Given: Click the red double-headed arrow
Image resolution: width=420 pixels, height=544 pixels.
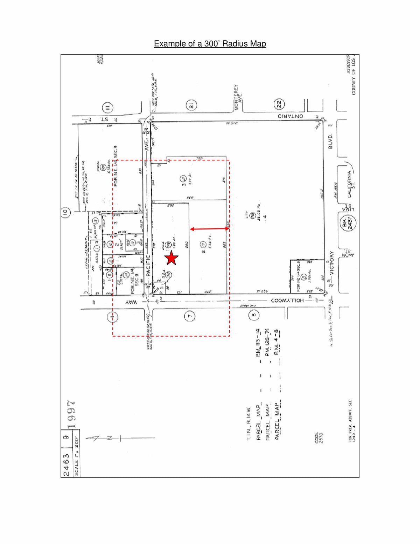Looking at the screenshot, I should pos(209,229).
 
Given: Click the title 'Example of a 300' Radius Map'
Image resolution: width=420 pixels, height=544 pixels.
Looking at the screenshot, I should pos(210,44).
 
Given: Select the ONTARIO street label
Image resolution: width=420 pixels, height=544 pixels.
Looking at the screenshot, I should pos(290,116).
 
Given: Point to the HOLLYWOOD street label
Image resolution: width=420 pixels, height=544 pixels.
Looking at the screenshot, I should pos(287,301).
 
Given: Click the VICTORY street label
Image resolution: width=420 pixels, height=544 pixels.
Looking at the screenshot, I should pos(331,263).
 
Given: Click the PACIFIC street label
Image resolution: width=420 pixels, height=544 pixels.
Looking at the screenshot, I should pos(148,266).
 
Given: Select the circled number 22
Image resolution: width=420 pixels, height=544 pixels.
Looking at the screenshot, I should pos(279,104).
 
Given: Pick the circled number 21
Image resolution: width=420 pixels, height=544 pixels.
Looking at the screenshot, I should pos(191,105).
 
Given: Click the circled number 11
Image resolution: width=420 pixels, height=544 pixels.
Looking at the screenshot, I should pos(107,108).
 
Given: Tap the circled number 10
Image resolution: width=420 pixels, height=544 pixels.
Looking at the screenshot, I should pos(66,212).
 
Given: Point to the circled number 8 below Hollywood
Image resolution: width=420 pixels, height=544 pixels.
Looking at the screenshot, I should pos(254,315).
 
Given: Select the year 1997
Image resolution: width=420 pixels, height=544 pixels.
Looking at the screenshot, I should pos(71,414).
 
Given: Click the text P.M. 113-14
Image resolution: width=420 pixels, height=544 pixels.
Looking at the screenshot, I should pos(258,342).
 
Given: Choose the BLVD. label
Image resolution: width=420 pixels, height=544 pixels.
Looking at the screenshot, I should pos(330,141).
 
